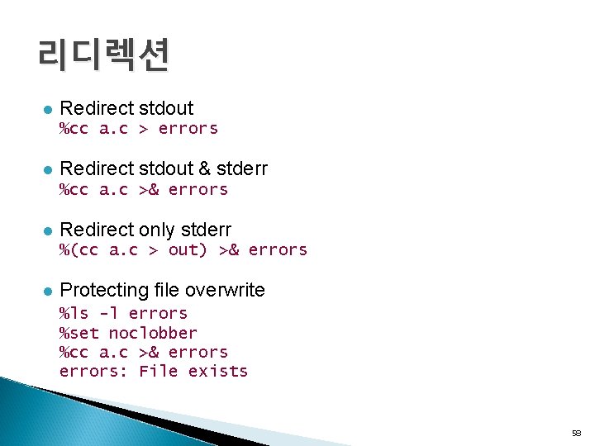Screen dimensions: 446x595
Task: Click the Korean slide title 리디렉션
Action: [x=103, y=55]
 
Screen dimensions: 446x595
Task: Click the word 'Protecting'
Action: [x=104, y=291]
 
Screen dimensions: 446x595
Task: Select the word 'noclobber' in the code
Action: [x=153, y=333]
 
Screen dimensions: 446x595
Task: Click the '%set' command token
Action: [x=79, y=333]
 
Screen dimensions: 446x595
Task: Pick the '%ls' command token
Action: [x=74, y=313]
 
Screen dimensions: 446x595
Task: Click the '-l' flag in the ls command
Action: [x=108, y=313]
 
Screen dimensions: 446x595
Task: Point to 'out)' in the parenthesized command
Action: [x=188, y=249]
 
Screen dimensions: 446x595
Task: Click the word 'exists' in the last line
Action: [x=218, y=371]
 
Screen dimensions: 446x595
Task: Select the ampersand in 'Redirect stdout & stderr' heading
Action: [x=203, y=169]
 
